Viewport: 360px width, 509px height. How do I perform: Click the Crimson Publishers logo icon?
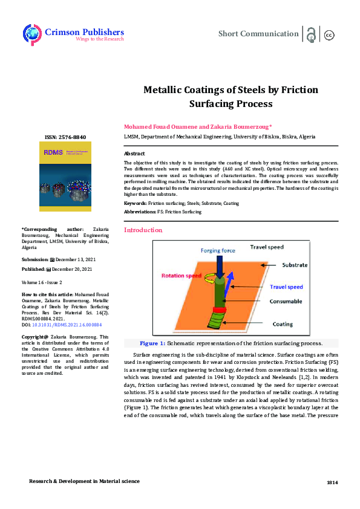tap(33, 34)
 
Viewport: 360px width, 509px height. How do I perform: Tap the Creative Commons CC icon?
tap(330, 35)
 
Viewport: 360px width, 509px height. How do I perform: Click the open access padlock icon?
tap(311, 34)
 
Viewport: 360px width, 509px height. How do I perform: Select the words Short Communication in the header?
tap(258, 34)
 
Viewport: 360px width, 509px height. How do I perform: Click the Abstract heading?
tap(134, 154)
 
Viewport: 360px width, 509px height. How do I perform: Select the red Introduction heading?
tap(143, 230)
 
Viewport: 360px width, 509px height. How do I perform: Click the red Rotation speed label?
tap(182, 276)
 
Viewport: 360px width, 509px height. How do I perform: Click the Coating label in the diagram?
tap(283, 324)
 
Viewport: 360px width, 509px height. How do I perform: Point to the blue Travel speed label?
tap(286, 287)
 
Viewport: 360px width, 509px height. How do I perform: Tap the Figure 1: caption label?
tap(152, 343)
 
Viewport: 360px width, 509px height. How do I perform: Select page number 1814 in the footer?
tap(332, 482)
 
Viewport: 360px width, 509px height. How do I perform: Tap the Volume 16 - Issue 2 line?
tap(42, 282)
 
